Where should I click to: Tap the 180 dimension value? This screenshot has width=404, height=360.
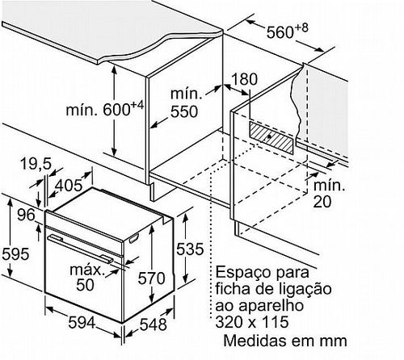[245, 79]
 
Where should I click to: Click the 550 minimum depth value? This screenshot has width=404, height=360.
[184, 111]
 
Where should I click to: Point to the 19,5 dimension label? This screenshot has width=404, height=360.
[36, 164]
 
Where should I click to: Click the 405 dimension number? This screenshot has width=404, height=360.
[69, 185]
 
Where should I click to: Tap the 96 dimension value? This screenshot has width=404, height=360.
[26, 215]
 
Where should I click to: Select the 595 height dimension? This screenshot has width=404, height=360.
[15, 253]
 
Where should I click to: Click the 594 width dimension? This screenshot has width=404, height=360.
[82, 322]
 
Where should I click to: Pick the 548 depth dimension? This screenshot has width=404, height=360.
[153, 324]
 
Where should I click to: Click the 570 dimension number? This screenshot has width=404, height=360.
[151, 278]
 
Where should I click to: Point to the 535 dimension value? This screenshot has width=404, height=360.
[190, 249]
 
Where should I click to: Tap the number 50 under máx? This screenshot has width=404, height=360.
[85, 284]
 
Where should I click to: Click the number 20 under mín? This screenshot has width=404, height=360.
[322, 201]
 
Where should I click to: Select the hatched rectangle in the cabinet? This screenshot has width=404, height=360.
[271, 137]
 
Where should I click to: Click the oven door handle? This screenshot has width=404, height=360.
[80, 249]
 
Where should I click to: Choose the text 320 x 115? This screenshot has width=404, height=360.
[252, 322]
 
